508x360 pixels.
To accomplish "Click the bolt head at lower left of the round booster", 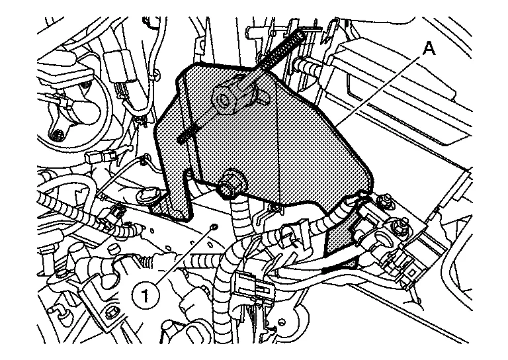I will [x=59, y=136].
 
